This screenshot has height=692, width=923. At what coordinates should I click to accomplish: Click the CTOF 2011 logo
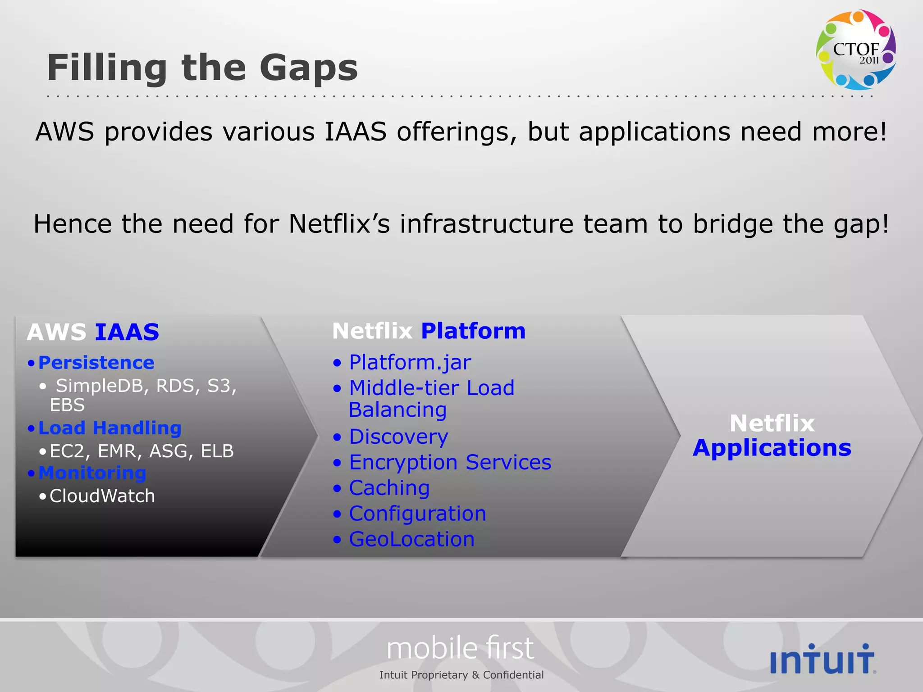click(x=855, y=50)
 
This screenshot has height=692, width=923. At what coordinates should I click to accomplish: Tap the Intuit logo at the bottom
click(x=823, y=659)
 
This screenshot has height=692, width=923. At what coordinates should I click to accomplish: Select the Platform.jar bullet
click(x=410, y=362)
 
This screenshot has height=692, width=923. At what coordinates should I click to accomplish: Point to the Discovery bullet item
click(x=398, y=437)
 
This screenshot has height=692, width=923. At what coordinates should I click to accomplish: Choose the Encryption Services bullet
click(x=450, y=462)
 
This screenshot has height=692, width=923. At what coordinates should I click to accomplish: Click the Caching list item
click(x=389, y=488)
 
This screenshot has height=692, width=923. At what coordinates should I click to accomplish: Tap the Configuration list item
click(x=417, y=514)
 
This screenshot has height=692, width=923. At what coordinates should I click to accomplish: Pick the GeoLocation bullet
click(x=411, y=539)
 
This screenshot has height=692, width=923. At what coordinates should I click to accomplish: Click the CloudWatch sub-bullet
click(x=102, y=496)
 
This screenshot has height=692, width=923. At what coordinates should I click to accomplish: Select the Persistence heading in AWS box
click(x=96, y=363)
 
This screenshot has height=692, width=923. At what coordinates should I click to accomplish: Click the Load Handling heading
click(x=110, y=428)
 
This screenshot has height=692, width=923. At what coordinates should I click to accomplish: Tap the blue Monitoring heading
click(x=92, y=473)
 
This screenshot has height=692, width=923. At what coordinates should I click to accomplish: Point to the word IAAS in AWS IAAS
click(x=127, y=332)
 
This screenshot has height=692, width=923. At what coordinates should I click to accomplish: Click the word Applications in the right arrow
click(x=772, y=448)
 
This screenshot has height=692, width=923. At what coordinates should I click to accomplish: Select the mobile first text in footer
click(x=460, y=648)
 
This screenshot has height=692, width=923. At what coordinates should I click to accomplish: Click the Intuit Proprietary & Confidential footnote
click(x=461, y=675)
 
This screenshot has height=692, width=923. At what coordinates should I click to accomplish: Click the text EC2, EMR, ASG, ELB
click(x=142, y=451)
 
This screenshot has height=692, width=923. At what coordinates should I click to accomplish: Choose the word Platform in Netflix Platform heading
click(x=473, y=331)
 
